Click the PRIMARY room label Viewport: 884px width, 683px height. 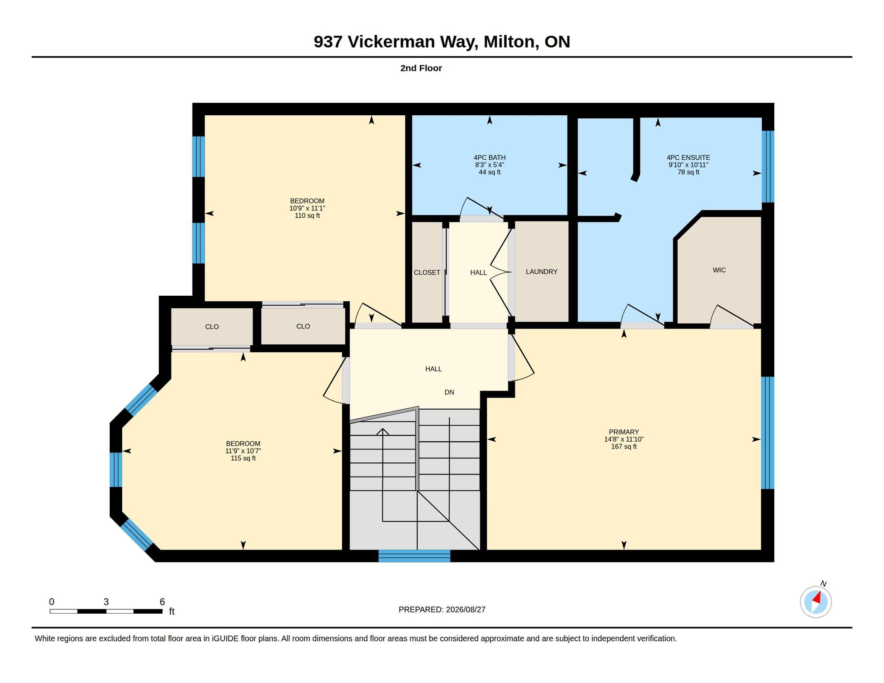click(624, 432)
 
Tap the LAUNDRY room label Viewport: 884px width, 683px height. click(542, 272)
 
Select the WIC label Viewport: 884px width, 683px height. click(719, 270)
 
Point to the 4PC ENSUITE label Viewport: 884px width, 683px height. click(688, 158)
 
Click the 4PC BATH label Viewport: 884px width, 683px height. click(489, 158)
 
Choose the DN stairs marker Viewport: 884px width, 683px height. click(449, 392)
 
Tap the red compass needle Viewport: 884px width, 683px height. click(817, 598)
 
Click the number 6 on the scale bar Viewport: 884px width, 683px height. click(162, 602)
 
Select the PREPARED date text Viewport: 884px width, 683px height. click(442, 610)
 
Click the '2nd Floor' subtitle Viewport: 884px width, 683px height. click(421, 68)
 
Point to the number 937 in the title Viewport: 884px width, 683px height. click(328, 42)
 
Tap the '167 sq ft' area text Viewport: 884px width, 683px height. click(624, 446)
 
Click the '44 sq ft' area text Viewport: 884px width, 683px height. click(489, 172)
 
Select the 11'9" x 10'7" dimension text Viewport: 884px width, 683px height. click(243, 451)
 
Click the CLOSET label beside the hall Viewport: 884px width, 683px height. click(427, 272)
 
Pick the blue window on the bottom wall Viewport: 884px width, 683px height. click(414, 556)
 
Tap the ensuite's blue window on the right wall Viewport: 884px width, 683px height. click(768, 167)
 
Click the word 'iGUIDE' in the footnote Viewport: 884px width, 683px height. click(225, 639)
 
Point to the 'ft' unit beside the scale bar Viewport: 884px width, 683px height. click(172, 611)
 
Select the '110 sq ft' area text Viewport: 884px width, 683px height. click(307, 215)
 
